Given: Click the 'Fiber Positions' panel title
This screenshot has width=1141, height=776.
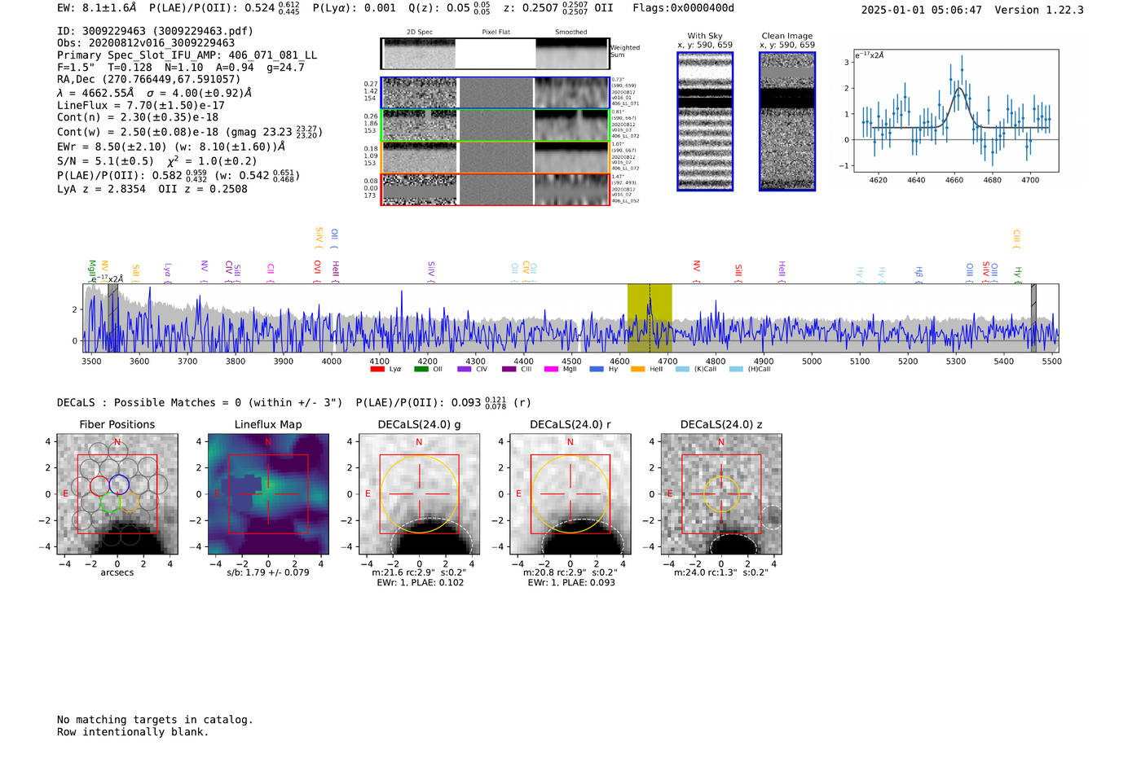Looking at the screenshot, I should (x=117, y=424).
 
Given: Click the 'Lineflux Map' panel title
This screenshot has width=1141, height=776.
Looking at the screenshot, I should (x=267, y=424).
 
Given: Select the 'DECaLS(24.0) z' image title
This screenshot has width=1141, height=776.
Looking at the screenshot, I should (x=720, y=424).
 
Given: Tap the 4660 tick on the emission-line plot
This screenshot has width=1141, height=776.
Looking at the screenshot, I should (x=954, y=179).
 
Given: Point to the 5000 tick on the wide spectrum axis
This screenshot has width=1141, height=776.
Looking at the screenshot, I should (x=812, y=361).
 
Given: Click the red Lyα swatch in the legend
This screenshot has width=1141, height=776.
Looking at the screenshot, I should (x=377, y=370).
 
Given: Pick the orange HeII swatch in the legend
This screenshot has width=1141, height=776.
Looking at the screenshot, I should (x=637, y=370).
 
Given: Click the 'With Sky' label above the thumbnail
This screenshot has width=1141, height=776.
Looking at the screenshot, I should (x=704, y=36).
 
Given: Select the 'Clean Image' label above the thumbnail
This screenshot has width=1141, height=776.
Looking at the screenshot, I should (x=786, y=36).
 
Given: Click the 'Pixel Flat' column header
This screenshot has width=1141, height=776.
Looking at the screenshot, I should (x=496, y=32).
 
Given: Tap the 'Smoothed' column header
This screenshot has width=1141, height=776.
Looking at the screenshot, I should (x=570, y=32).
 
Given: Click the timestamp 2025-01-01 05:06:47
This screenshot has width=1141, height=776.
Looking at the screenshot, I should (x=921, y=10).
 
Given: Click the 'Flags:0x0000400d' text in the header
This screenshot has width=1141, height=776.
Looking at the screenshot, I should (x=683, y=8).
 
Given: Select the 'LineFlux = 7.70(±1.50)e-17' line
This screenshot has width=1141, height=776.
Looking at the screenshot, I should (x=140, y=105).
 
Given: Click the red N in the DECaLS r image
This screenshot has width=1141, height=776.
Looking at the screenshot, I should (x=570, y=442).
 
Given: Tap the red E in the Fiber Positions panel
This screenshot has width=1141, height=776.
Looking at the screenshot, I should (x=66, y=494).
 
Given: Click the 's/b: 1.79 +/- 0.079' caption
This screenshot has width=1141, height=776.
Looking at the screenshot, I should (x=267, y=572).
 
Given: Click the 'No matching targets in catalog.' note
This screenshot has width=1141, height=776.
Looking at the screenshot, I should (x=155, y=720).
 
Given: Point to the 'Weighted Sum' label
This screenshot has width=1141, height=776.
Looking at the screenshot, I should (x=624, y=51).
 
